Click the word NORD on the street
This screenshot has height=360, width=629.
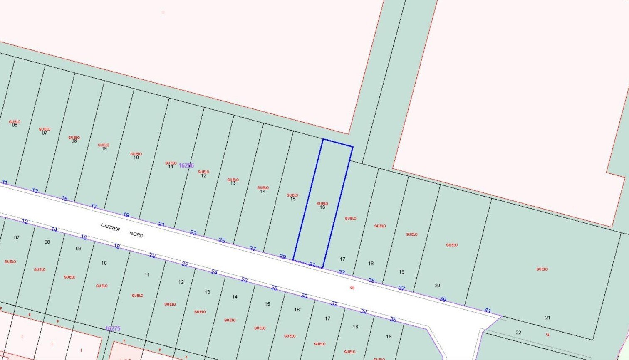coord(136,234)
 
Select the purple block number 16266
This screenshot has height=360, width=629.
coord(186,165)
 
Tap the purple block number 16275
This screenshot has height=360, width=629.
coord(112,329)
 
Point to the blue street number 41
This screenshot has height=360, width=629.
coord(488,311)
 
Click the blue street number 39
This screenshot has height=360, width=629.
coord(443,299)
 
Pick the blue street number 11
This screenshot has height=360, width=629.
coord(5,182)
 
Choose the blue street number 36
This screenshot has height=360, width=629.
coord(393,320)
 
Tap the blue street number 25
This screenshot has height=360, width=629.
coord(222,241)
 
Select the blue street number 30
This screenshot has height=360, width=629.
coord(304,296)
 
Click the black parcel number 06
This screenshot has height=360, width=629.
coord(15,125)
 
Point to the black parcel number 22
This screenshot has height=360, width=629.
coord(518,333)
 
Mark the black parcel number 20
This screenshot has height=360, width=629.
coord(437,286)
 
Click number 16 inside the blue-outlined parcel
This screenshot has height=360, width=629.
coord(322,207)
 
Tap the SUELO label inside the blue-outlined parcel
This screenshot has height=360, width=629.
coord(322,203)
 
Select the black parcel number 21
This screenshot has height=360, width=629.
coord(547,318)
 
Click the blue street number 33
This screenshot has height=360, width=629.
coord(342,273)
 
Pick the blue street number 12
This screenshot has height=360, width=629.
coord(25,222)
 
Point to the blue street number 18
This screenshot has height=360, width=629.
coord(117,247)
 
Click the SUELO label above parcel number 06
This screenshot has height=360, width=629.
coord(15,121)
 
